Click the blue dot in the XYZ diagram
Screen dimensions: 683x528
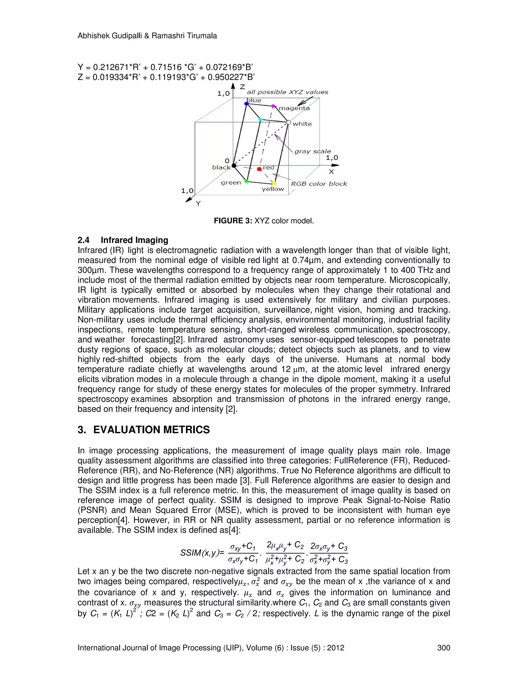pyautogui.click(x=246, y=104)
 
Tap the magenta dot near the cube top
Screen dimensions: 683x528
pyautogui.click(x=273, y=106)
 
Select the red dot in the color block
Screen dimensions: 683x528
pyautogui.click(x=259, y=169)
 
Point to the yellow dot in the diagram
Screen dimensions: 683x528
pyautogui.click(x=274, y=183)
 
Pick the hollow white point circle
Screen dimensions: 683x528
pyautogui.click(x=288, y=123)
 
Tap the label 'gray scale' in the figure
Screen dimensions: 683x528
pyautogui.click(x=312, y=151)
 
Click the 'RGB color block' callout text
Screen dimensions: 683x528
pyautogui.click(x=319, y=184)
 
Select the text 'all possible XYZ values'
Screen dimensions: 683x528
pyautogui.click(x=287, y=92)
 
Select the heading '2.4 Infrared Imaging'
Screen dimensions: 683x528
pyautogui.click(x=123, y=240)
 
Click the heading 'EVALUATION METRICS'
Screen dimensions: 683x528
pyautogui.click(x=151, y=430)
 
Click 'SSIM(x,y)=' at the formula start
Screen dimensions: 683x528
pyautogui.click(x=202, y=553)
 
